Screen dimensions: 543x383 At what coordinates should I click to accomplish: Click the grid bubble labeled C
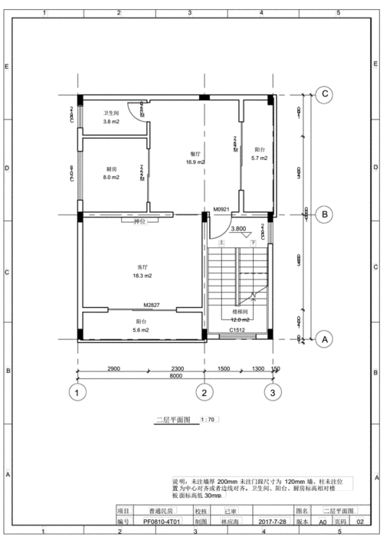(325, 94)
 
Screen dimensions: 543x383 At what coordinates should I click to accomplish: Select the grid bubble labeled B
(325, 214)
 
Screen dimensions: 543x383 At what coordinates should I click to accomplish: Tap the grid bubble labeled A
(325, 338)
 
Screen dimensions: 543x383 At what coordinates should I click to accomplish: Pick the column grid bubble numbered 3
(270, 393)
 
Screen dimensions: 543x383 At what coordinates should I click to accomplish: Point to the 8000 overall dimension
(175, 376)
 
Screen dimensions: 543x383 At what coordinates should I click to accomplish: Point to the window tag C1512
(237, 331)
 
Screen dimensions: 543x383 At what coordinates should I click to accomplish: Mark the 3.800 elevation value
(238, 228)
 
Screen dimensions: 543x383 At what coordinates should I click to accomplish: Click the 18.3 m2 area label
(142, 275)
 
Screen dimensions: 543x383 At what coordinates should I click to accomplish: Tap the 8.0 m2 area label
(112, 177)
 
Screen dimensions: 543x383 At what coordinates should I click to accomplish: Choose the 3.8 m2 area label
(112, 122)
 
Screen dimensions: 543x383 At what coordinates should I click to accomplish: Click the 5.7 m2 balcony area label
(259, 158)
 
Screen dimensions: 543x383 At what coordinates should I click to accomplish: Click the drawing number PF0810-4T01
(162, 521)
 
